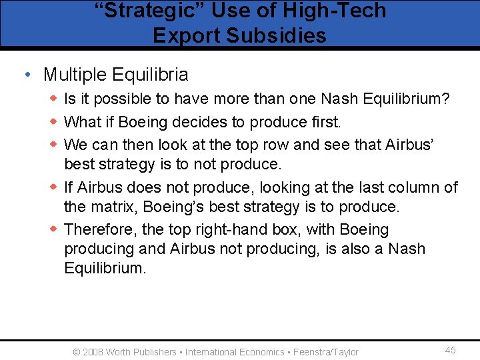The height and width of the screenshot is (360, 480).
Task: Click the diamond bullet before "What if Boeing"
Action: coord(53,122)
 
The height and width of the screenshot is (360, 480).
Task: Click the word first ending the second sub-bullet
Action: coord(323,122)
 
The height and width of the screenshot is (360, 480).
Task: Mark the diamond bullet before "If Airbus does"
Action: coord(53,187)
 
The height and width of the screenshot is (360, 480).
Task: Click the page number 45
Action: coord(451,351)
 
